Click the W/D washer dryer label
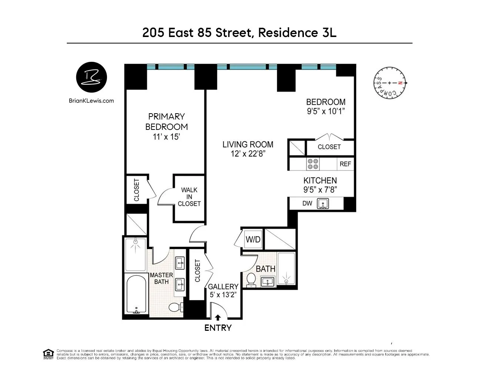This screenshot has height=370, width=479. coord(253,239)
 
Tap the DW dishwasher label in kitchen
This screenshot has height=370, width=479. coord(307,203)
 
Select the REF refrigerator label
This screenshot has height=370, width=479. coord(345,164)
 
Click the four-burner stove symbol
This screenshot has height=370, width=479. coord(313,164)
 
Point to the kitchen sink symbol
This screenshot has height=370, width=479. coord(323,203)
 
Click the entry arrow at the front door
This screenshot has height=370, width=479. coord(218,317)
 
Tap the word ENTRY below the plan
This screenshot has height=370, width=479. coord(218,328)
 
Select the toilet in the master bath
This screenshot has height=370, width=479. coord(175,307)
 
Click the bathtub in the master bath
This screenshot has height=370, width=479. coord(135,295)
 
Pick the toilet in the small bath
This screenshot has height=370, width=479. coord(251,280)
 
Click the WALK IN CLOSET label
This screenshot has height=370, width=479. coord(189,197)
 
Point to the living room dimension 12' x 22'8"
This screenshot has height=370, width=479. coord(248,154)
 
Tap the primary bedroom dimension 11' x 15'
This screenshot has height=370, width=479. coord(166,137)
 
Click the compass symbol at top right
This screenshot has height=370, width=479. coord(389,83)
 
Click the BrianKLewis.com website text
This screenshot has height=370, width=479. coord(91,101)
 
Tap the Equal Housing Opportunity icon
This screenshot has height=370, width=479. coord(48,354)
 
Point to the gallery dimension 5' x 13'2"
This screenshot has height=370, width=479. coord(223,295)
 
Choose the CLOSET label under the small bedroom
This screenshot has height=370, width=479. coord(329,147)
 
